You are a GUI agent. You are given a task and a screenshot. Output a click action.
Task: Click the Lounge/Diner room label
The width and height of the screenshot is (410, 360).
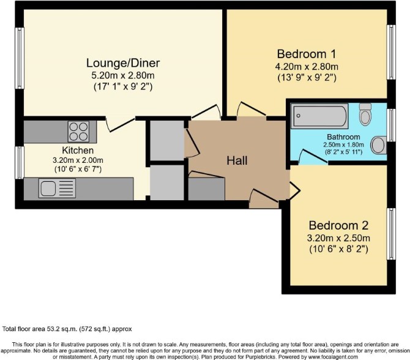[x=123, y=63]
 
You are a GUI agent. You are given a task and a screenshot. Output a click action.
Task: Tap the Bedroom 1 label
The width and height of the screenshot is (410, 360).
[x=307, y=54]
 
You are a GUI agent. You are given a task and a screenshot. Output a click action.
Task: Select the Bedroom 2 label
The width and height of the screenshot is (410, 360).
[x=338, y=225]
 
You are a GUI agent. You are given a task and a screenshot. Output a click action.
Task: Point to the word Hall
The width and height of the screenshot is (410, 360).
[x=237, y=160]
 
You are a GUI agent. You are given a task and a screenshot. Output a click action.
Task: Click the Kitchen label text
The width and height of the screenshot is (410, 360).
[x=78, y=151]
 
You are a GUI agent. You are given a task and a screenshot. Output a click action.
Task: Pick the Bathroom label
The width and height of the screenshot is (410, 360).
[x=343, y=137]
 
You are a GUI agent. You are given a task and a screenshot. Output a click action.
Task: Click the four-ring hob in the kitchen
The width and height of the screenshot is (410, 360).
[x=78, y=132]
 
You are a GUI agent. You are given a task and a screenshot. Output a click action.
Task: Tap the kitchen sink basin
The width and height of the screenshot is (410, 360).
[x=48, y=188]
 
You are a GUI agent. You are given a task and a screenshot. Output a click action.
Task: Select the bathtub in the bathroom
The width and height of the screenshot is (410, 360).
[x=319, y=116]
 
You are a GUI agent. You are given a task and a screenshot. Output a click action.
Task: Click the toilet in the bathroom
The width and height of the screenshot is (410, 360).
[x=365, y=114]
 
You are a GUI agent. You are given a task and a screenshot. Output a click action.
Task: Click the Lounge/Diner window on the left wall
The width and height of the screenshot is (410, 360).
[x=20, y=58]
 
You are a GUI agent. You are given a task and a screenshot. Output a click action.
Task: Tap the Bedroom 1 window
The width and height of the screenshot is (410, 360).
[x=391, y=52]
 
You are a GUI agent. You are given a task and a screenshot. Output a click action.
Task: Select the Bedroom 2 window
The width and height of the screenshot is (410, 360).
[x=391, y=234]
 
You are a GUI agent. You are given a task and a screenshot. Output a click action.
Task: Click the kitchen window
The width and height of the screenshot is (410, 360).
[x=20, y=163]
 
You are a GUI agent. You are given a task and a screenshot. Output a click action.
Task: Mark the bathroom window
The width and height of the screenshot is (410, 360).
[x=391, y=126]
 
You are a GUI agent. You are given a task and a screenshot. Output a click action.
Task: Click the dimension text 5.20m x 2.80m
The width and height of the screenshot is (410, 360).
[x=123, y=75]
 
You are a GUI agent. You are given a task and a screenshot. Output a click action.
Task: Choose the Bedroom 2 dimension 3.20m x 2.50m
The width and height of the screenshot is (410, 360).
[x=338, y=238]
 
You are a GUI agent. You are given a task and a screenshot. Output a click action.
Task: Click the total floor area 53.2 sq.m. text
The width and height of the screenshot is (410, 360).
[x=67, y=329]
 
